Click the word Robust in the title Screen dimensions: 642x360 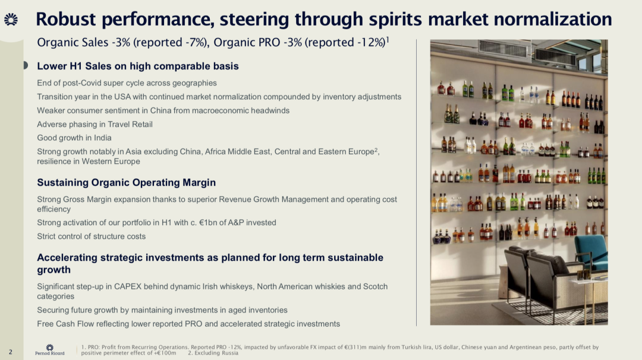click(x=66, y=19)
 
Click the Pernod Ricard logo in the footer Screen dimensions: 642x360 click(x=49, y=350)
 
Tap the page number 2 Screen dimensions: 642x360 click(x=11, y=352)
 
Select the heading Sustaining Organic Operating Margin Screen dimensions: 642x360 click(x=126, y=182)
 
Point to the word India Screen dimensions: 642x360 click(x=102, y=138)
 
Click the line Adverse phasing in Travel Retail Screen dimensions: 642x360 click(x=95, y=124)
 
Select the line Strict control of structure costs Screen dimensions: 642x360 click(x=92, y=236)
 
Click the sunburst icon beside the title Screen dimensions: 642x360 click(x=11, y=19)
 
